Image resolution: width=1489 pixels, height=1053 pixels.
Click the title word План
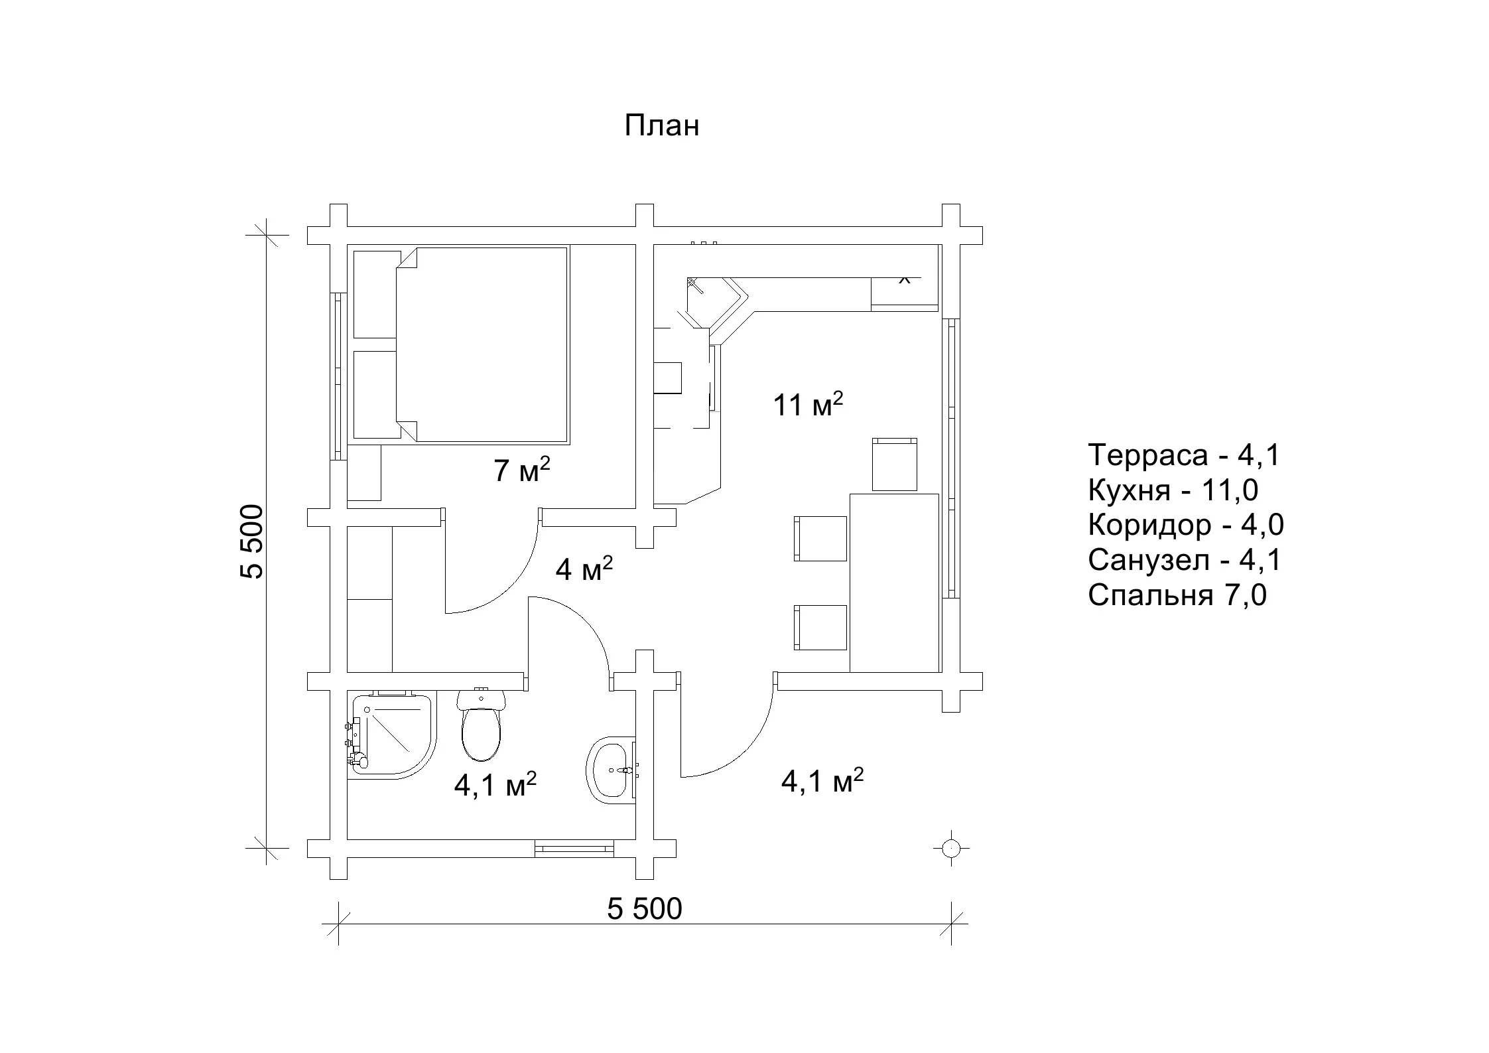[661, 125]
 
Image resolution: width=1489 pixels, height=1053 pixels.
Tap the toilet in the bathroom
[482, 725]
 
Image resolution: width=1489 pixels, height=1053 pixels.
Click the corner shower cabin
[391, 735]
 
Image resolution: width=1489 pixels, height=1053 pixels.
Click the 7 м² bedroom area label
[522, 470]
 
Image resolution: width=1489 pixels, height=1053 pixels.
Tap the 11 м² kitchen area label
[808, 404]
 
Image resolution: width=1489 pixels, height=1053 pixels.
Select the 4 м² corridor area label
[584, 569]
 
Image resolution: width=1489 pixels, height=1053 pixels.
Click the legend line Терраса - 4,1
[1184, 456]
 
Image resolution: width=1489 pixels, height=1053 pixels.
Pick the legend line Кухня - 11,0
[1173, 490]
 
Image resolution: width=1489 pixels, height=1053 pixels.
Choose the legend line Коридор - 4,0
[1186, 526]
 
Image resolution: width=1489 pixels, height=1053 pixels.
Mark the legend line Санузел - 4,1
[1185, 561]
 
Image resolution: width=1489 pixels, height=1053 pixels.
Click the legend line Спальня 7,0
[1177, 596]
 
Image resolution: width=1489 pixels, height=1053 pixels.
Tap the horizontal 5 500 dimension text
[644, 909]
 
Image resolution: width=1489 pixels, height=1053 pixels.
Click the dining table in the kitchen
[894, 583]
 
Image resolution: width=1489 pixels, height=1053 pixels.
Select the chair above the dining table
[895, 464]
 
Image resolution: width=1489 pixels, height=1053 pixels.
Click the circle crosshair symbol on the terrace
[951, 848]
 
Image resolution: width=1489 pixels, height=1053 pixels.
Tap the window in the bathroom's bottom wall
[574, 848]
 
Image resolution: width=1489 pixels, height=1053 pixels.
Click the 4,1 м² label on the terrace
[822, 781]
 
